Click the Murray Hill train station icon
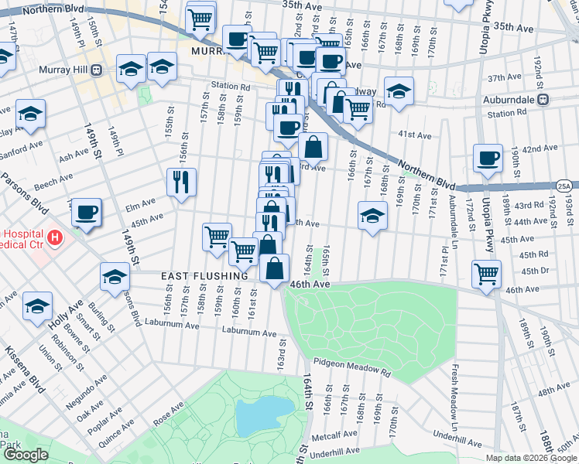97,70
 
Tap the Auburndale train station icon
544,98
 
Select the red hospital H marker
53,237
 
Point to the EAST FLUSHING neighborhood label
204,276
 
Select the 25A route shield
565,186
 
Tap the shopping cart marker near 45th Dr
486,274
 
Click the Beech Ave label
53,183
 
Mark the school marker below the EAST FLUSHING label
115,277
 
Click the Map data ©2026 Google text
531,458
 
